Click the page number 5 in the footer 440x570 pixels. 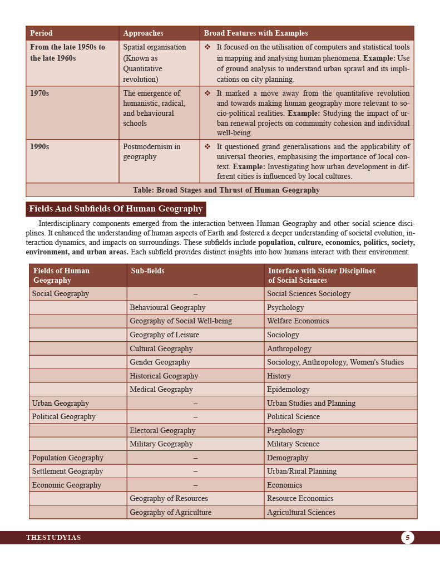[x=407, y=537]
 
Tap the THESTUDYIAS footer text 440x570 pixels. [x=53, y=538]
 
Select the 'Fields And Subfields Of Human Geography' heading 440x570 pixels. [x=116, y=209]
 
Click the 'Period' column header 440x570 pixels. [x=41, y=33]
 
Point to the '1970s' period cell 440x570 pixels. [x=39, y=94]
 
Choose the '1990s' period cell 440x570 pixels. [x=39, y=147]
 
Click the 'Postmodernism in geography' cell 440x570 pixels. [x=151, y=152]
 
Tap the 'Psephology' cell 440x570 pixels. [x=285, y=430]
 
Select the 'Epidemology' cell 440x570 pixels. [x=288, y=390]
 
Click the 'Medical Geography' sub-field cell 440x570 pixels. [x=161, y=390]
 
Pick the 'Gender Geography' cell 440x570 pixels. [x=160, y=362]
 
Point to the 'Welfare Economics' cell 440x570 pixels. [x=298, y=321]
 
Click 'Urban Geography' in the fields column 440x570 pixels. [x=60, y=403]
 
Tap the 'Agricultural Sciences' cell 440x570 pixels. [x=301, y=512]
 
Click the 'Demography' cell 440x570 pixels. [x=287, y=458]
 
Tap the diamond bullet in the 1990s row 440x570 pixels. [x=207, y=147]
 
